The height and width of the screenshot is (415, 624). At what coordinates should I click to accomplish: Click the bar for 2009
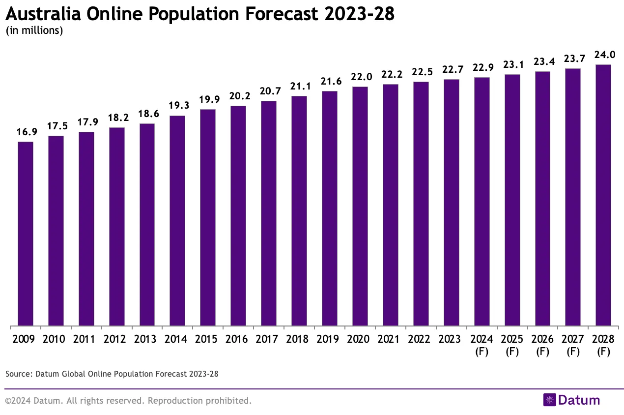(x=26, y=234)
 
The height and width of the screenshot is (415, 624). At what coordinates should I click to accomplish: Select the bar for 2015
(x=208, y=217)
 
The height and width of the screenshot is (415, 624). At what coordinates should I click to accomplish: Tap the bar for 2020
(x=360, y=206)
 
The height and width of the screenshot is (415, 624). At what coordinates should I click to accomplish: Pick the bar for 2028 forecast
(x=603, y=195)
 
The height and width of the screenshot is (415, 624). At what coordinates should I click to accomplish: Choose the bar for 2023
(x=451, y=202)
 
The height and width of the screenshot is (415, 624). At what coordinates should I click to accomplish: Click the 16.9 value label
(x=26, y=133)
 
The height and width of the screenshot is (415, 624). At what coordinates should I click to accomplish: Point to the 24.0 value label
(x=603, y=55)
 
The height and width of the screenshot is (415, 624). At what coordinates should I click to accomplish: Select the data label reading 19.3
(x=177, y=106)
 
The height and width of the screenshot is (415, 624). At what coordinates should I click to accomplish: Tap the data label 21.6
(x=330, y=82)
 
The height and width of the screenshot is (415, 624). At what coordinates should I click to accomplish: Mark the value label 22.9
(x=482, y=68)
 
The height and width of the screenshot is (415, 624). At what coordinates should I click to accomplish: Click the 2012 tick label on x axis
(x=116, y=339)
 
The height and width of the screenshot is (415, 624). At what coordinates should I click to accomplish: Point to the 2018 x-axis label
(x=299, y=339)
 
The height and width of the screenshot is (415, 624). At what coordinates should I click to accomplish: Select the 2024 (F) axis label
(x=482, y=345)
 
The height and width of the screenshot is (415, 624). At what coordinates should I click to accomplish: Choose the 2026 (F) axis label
(x=542, y=345)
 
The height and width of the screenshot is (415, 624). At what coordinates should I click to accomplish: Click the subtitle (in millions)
(x=34, y=30)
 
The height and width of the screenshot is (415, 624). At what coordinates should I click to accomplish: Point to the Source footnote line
(x=112, y=374)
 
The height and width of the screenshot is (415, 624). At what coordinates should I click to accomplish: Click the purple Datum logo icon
(x=549, y=400)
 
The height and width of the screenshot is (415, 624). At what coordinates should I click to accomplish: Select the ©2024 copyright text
(x=128, y=401)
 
